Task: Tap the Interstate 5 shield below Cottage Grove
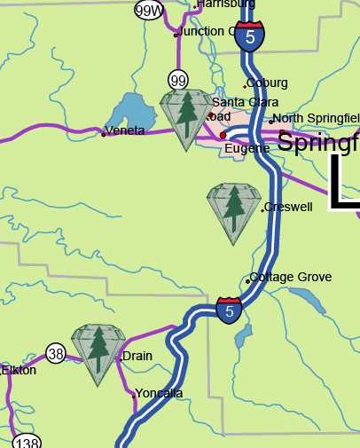click(229, 310)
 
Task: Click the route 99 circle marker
click(179, 81)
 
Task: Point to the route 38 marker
click(56, 354)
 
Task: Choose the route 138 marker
click(27, 442)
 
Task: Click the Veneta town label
click(125, 132)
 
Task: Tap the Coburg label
click(267, 83)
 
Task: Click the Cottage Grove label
click(290, 277)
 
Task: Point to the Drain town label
click(137, 356)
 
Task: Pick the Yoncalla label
click(159, 393)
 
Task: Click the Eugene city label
click(247, 148)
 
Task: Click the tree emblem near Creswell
click(232, 212)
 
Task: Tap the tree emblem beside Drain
click(98, 353)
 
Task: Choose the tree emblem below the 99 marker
click(186, 117)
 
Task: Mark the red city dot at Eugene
click(223, 135)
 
